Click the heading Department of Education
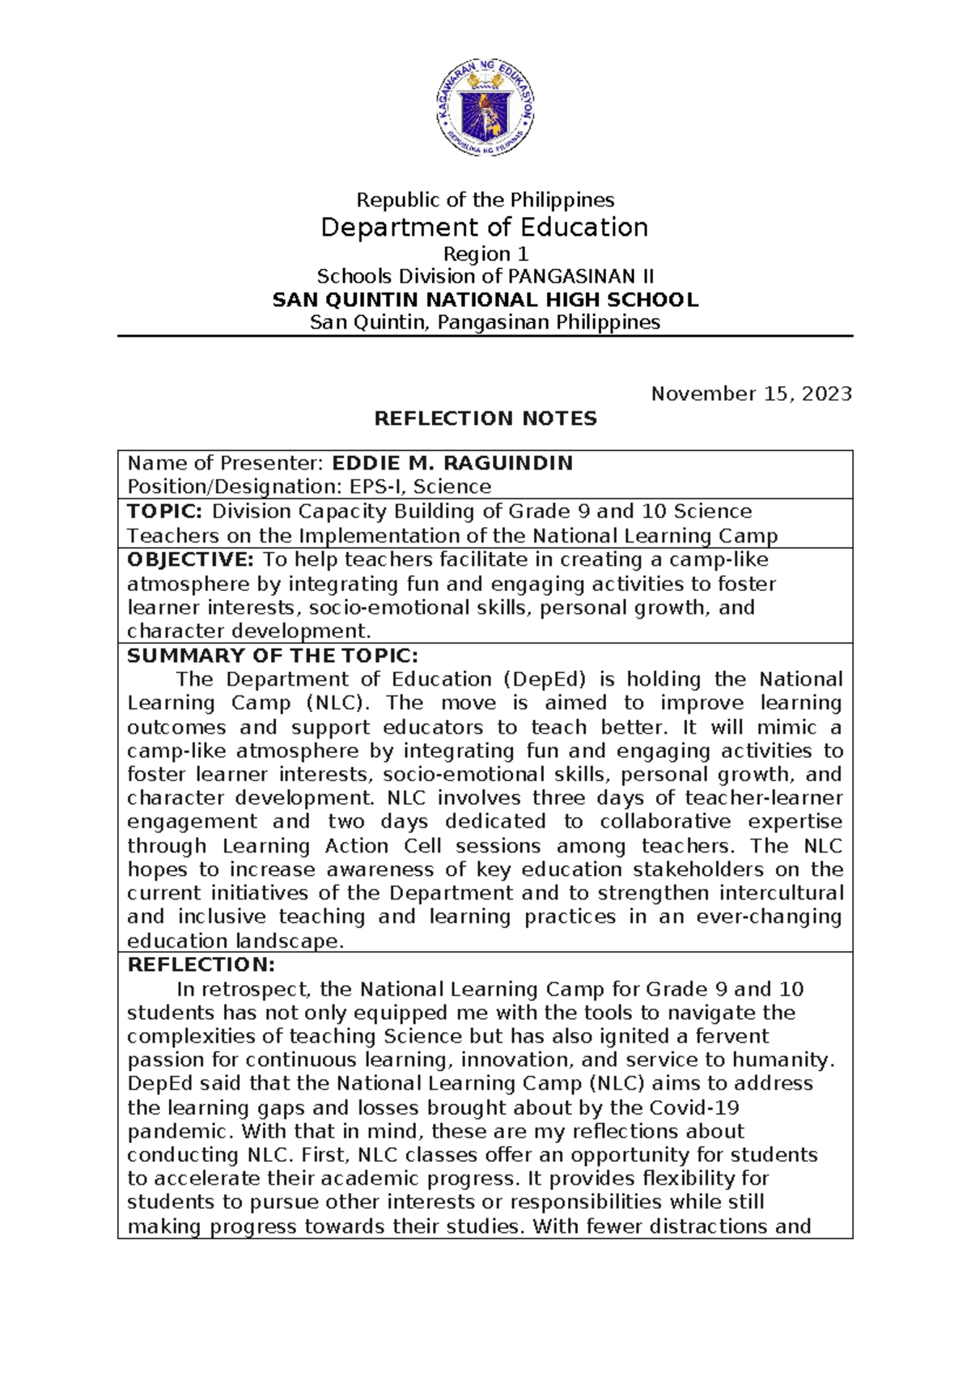coord(485,227)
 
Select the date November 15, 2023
coord(751,394)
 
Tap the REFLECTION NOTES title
coord(485,419)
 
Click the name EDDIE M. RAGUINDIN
coord(452,463)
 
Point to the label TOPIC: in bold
coord(165,512)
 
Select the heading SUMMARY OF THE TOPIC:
coord(273,656)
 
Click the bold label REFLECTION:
coord(201,965)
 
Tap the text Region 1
coord(485,254)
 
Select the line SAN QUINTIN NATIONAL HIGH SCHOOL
coord(485,300)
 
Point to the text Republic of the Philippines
coord(485,200)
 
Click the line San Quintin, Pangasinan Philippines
coord(485,322)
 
